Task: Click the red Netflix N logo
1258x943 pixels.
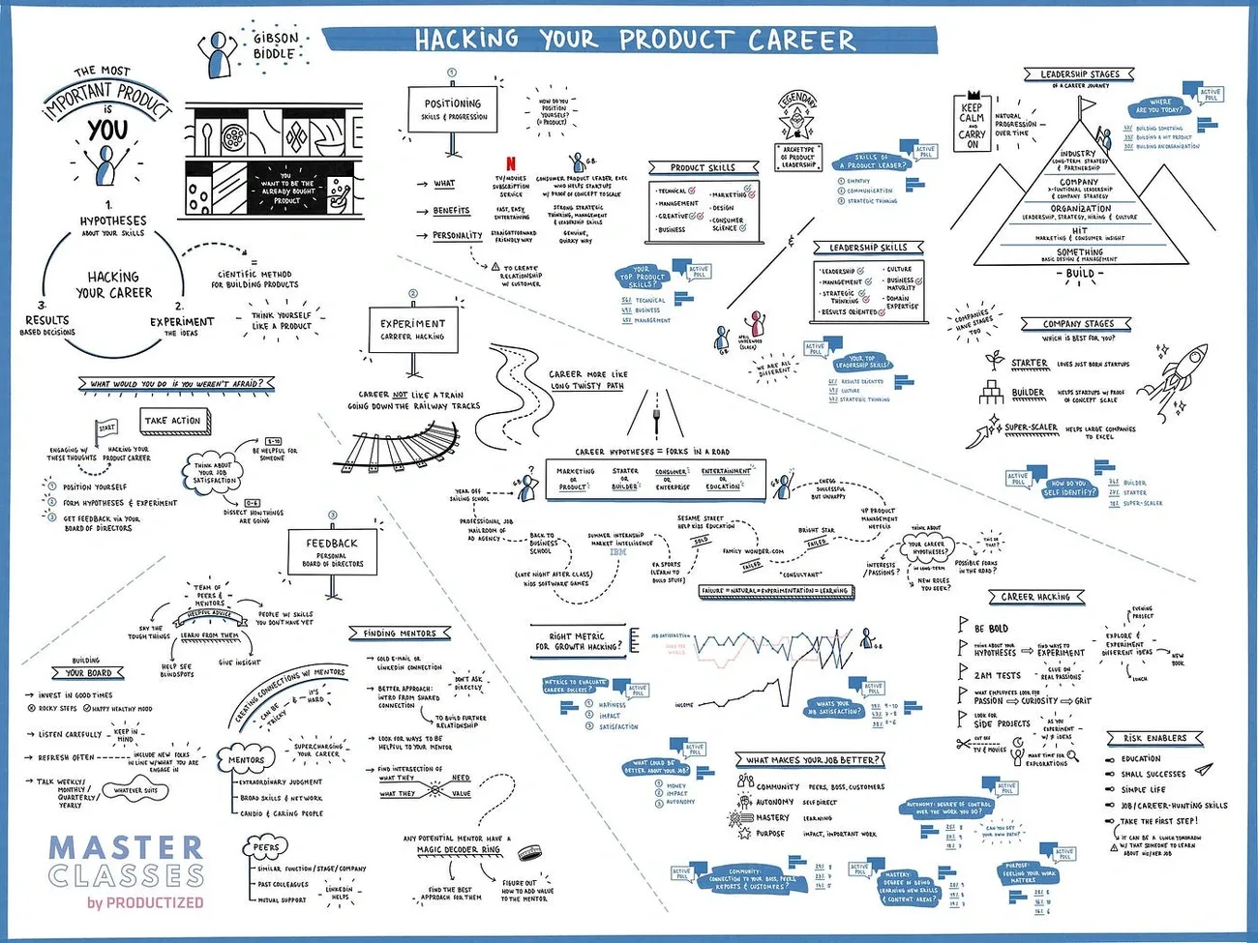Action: [511, 163]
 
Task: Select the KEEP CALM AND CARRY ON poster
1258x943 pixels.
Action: [972, 126]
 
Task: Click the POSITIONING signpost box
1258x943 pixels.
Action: [453, 109]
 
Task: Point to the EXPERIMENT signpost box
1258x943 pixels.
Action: [412, 330]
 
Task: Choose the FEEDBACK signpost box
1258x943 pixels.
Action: [332, 551]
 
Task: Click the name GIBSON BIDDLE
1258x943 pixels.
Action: [275, 45]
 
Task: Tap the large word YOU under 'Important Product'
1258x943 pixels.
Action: [106, 129]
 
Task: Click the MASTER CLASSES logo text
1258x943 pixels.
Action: [126, 862]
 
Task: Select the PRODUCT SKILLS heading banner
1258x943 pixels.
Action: [703, 167]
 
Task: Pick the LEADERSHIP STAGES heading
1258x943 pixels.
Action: [1079, 74]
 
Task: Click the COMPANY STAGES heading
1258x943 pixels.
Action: [1078, 324]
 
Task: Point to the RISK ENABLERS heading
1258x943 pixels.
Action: [1153, 738]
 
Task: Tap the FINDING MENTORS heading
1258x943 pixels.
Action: [400, 634]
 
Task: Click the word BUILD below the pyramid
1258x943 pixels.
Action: [1080, 274]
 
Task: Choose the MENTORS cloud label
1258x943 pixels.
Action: [246, 760]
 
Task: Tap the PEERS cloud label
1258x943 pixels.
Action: [266, 848]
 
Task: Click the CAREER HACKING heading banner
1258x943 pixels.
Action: [1035, 597]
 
